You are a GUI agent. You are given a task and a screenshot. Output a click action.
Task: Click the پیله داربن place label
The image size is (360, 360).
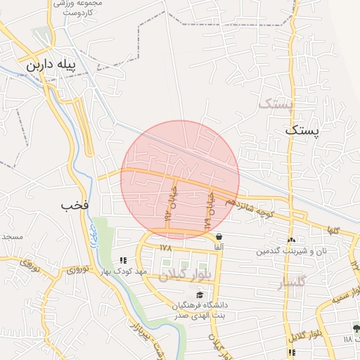tap(50, 65)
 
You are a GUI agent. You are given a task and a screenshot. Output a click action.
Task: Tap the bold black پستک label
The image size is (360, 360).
tap(303, 130)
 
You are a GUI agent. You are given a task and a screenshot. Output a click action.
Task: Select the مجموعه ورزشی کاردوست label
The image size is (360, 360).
tap(80, 7)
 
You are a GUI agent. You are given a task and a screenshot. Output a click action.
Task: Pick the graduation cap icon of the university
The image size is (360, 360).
tap(200, 295)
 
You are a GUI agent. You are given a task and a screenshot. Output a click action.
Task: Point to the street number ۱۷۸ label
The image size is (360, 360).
tap(166, 247)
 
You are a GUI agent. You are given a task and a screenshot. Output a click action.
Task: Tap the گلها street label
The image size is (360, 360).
tap(333, 230)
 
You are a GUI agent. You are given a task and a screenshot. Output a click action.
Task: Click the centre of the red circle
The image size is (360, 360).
tap(180, 180)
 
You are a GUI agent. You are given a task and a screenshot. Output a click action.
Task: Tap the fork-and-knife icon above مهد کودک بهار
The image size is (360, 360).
tap(124, 260)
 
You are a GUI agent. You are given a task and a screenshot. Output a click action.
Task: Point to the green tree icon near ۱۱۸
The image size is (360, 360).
tap(356, 329)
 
